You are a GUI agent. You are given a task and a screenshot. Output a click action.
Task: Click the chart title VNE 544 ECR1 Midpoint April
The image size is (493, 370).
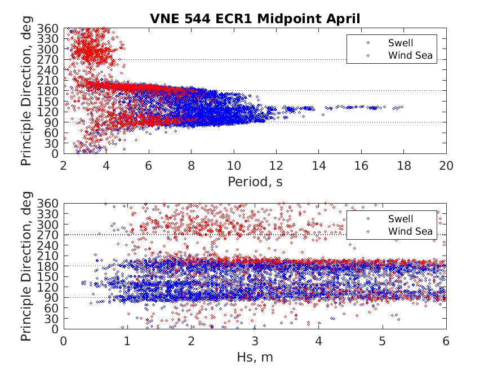[x=255, y=19]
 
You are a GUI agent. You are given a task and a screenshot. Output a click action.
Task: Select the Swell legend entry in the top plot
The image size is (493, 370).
[x=401, y=42]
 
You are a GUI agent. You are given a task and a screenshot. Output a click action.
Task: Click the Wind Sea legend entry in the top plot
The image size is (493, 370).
[x=410, y=55]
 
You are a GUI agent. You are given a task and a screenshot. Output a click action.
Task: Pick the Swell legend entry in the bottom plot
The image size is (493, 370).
[x=401, y=218]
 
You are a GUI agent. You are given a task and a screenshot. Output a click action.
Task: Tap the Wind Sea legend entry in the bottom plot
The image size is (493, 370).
[x=410, y=231]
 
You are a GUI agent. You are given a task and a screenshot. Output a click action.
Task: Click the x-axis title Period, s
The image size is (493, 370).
[x=255, y=182]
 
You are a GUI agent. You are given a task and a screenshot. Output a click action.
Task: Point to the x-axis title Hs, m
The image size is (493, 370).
[x=255, y=357]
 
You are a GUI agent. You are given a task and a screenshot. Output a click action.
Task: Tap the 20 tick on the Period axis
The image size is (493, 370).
[x=446, y=165]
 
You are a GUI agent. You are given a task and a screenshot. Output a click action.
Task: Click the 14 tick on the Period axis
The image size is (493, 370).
[x=318, y=165]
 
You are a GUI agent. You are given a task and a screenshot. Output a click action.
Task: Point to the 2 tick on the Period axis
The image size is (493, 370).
[x=64, y=165]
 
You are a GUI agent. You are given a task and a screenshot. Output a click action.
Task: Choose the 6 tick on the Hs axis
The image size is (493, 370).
[x=446, y=341]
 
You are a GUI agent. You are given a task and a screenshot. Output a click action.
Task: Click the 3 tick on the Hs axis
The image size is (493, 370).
[x=255, y=341]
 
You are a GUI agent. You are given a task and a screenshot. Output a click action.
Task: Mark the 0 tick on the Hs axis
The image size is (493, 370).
[x=64, y=341]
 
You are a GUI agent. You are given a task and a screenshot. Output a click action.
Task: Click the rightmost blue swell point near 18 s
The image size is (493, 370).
[x=402, y=107]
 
